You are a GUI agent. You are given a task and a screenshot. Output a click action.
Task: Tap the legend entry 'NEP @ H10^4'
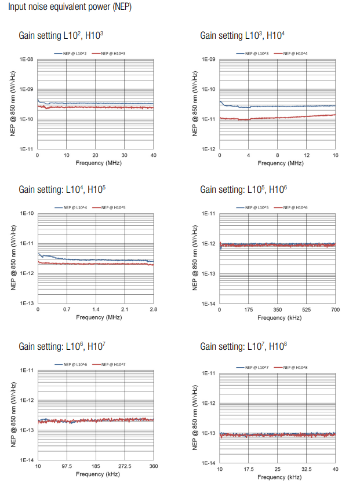click(x=295, y=54)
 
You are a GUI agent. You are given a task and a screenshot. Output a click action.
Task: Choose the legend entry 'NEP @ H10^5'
click(x=114, y=207)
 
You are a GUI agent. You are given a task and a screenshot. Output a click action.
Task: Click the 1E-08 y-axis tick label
click(x=26, y=59)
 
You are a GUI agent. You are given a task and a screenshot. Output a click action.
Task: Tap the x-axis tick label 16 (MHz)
click(x=335, y=155)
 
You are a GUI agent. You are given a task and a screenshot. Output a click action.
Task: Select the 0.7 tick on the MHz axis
click(x=67, y=309)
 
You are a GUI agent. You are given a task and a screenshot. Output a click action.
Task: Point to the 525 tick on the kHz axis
click(x=306, y=309)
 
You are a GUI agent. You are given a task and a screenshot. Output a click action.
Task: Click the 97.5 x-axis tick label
click(x=67, y=466)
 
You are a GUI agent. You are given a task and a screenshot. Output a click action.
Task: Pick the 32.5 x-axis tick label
click(x=306, y=469)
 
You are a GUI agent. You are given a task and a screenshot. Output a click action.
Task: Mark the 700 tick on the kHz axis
click(x=335, y=309)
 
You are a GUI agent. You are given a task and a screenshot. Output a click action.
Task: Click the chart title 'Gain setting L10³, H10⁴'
click(x=242, y=36)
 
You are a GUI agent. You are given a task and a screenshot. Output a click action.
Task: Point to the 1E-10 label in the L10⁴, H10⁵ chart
click(x=27, y=213)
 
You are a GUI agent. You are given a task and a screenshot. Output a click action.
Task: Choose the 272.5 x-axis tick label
click(x=125, y=466)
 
